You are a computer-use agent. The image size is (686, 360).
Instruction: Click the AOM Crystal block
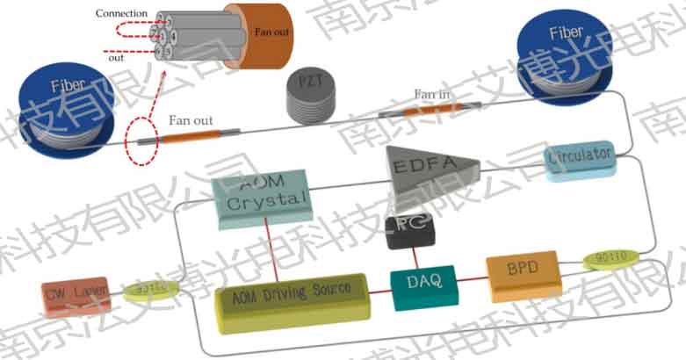pyautogui.click(x=262, y=198)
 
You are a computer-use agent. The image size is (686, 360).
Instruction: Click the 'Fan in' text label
pyautogui.click(x=433, y=94)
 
